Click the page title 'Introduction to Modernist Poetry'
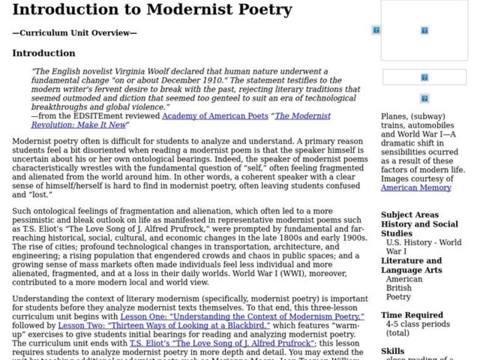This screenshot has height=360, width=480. point(143,10)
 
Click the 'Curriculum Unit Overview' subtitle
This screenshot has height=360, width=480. point(74,33)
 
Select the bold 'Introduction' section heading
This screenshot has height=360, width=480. point(44,53)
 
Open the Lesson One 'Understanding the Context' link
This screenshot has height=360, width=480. point(242,316)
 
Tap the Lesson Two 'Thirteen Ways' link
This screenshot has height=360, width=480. point(164,325)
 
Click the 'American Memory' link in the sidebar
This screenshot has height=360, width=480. point(416,188)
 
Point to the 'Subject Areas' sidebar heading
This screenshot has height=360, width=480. point(410,215)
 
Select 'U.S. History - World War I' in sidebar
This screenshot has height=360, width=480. point(424,247)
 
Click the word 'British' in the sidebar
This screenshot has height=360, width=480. point(398,288)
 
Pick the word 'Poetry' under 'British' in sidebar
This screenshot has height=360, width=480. point(398,297)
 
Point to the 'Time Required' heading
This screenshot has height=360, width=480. point(411,315)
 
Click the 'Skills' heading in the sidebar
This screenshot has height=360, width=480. point(393,352)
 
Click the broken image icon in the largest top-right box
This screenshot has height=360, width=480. point(424,30)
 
